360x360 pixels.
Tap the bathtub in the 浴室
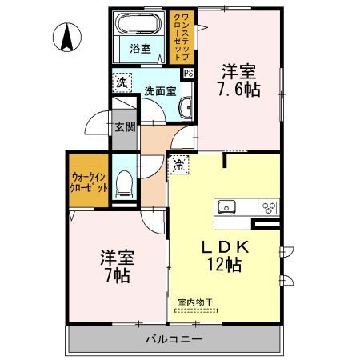pos(142,23)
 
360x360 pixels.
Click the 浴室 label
pos(141,49)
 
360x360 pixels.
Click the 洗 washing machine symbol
pos(122,82)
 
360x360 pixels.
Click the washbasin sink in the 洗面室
pos(186,107)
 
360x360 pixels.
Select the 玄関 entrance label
pos(124,126)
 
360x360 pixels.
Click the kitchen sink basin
pos(226,207)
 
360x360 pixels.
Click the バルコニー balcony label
pos(174,339)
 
